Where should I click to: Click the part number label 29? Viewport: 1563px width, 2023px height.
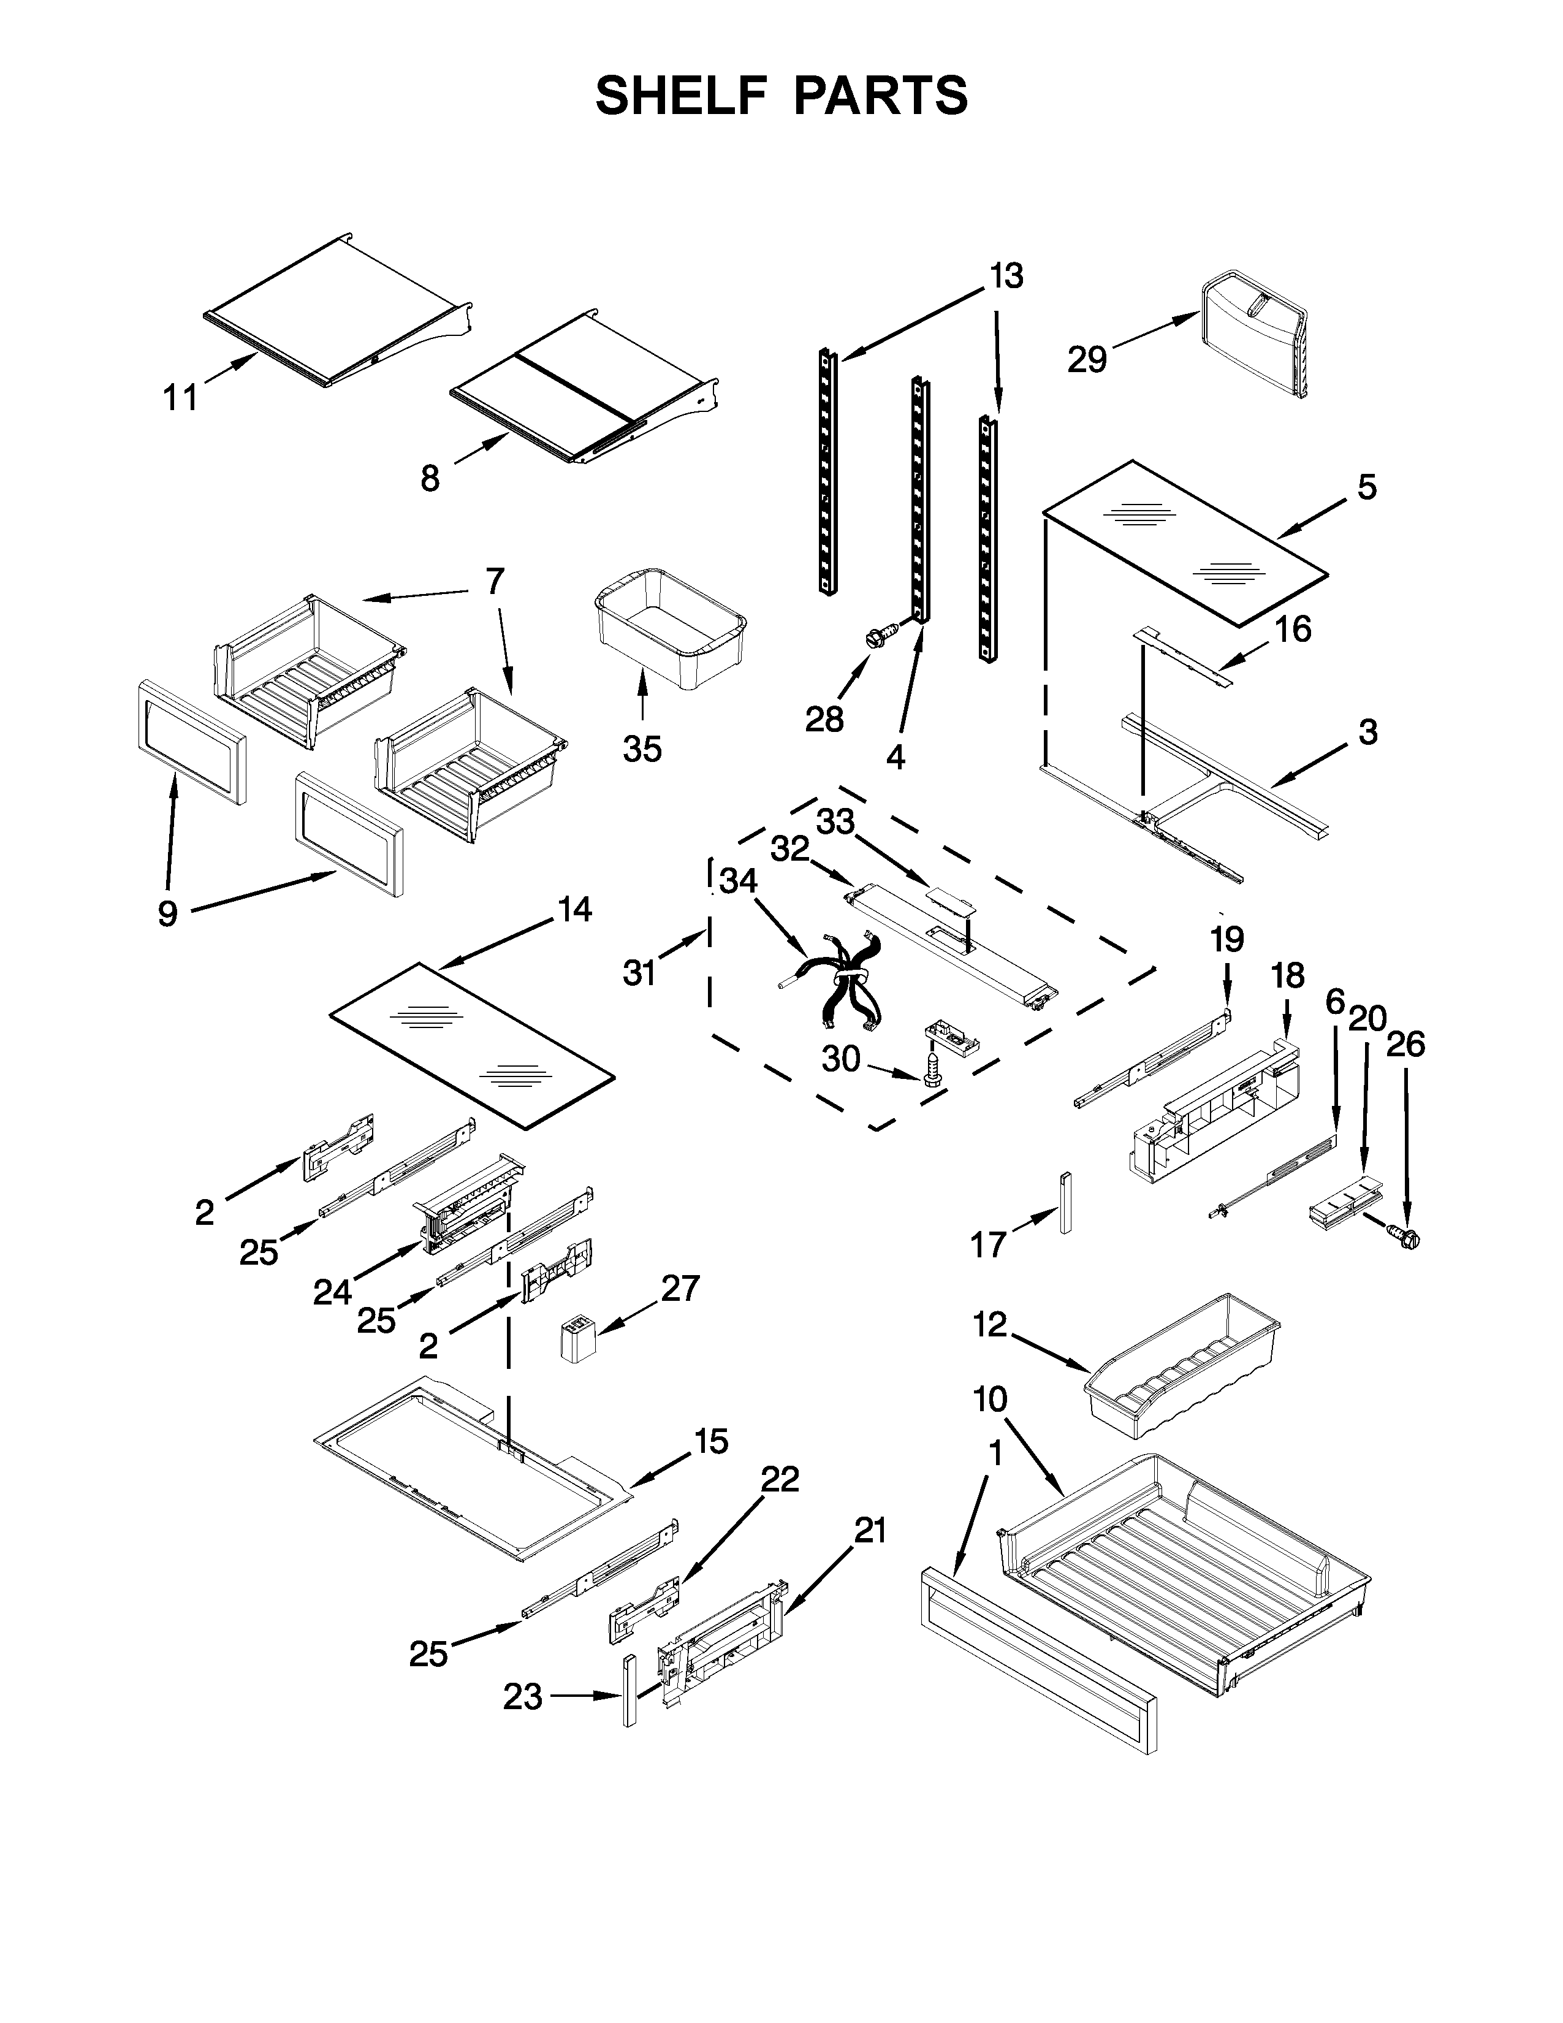tap(1087, 359)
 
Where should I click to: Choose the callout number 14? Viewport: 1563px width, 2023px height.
tap(575, 910)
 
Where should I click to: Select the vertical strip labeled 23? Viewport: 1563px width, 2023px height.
tap(629, 1691)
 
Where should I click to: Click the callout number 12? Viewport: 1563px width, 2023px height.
tap(990, 1325)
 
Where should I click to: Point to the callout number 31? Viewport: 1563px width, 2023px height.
tap(639, 973)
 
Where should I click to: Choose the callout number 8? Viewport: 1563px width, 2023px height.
tap(430, 478)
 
